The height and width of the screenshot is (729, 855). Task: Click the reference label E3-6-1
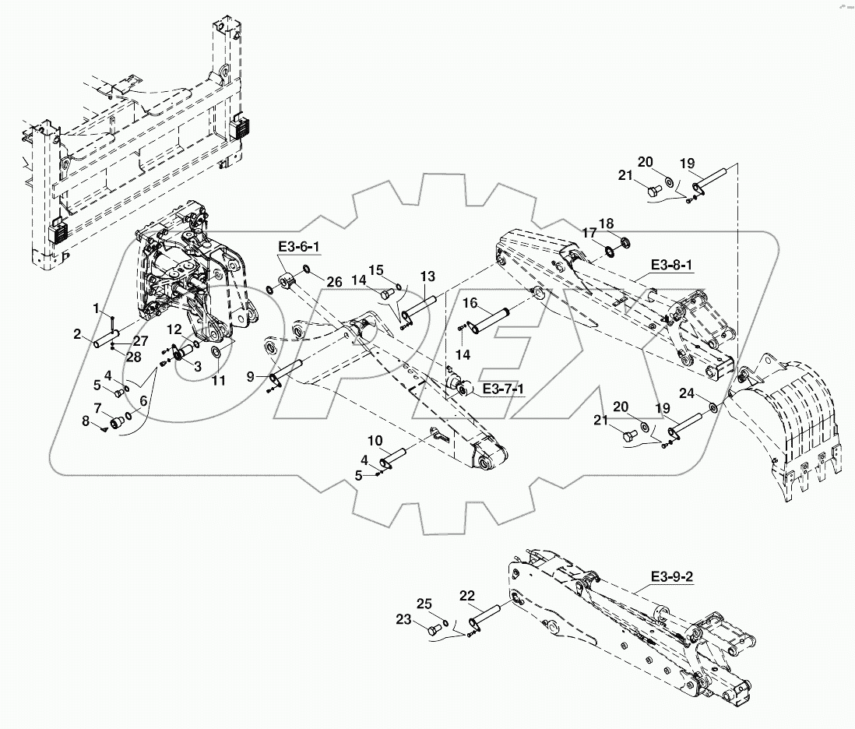point(299,248)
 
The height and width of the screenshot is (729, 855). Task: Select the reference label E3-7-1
point(503,388)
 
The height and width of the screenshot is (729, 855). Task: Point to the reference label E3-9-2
point(671,578)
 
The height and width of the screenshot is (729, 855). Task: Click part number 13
point(427,276)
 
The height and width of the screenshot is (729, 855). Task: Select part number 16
point(471,303)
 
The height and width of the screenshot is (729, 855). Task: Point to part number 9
point(251,376)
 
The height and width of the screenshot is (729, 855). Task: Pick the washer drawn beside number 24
point(712,407)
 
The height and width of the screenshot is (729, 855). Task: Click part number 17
point(591,232)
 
